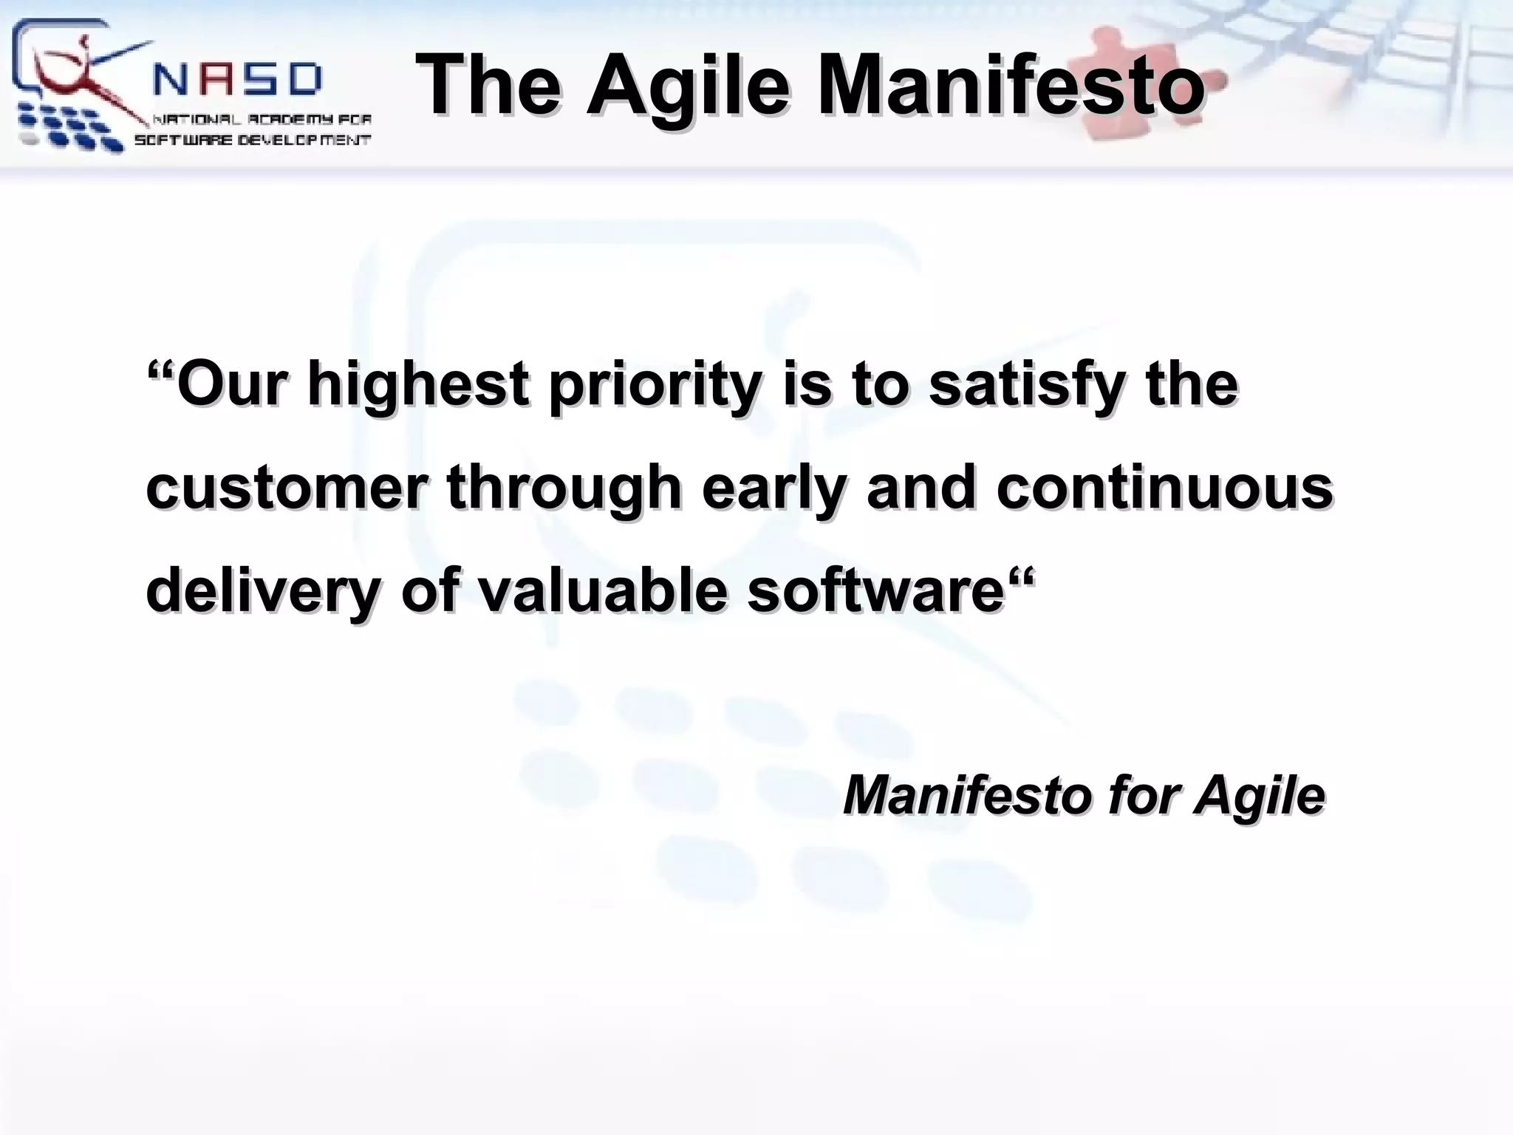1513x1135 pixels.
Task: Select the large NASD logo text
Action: (238, 79)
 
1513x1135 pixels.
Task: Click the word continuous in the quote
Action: (1164, 488)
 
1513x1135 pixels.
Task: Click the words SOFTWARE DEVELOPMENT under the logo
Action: (252, 140)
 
